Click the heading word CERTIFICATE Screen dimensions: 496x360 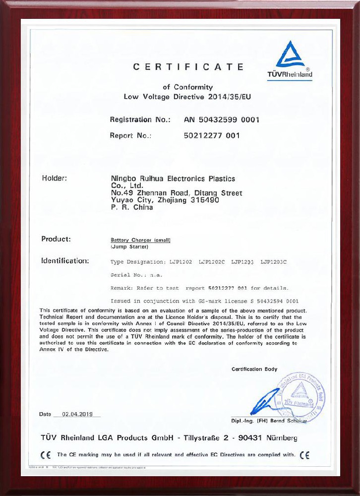[x=188, y=67]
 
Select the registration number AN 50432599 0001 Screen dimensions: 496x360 [x=222, y=120]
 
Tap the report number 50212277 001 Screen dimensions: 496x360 [x=212, y=135]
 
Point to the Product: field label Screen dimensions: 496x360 [x=56, y=239]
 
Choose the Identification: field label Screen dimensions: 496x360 [x=65, y=260]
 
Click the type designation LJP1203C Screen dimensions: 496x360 [x=274, y=260]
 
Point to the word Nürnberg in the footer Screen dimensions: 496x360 [x=279, y=438]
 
